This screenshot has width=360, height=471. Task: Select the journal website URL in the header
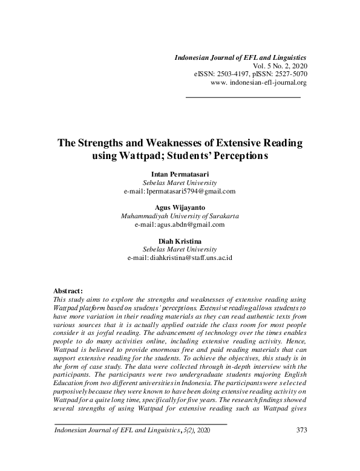pos(259,82)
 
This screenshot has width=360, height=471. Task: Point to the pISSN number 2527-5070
pos(287,73)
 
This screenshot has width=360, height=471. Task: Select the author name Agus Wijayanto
pos(180,207)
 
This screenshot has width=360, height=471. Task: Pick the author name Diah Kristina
pos(180,241)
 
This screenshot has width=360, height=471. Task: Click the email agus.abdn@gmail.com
pos(191,224)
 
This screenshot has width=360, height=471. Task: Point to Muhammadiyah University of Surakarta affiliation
pos(180,216)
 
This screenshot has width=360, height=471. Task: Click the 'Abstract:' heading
pos(68,291)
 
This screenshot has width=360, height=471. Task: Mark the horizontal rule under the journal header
pos(243,97)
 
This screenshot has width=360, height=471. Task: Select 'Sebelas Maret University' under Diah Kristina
pos(180,249)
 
